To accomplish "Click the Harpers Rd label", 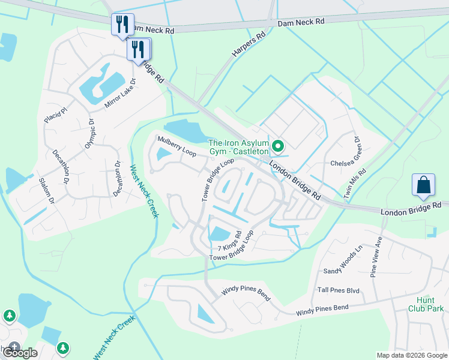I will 248,46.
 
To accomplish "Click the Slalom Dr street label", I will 46,190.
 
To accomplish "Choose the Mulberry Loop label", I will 176,146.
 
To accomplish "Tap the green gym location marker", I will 277,146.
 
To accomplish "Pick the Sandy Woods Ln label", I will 343,259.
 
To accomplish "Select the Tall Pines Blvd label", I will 338,290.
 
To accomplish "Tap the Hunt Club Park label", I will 430,304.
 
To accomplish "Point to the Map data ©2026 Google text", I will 411,355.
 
